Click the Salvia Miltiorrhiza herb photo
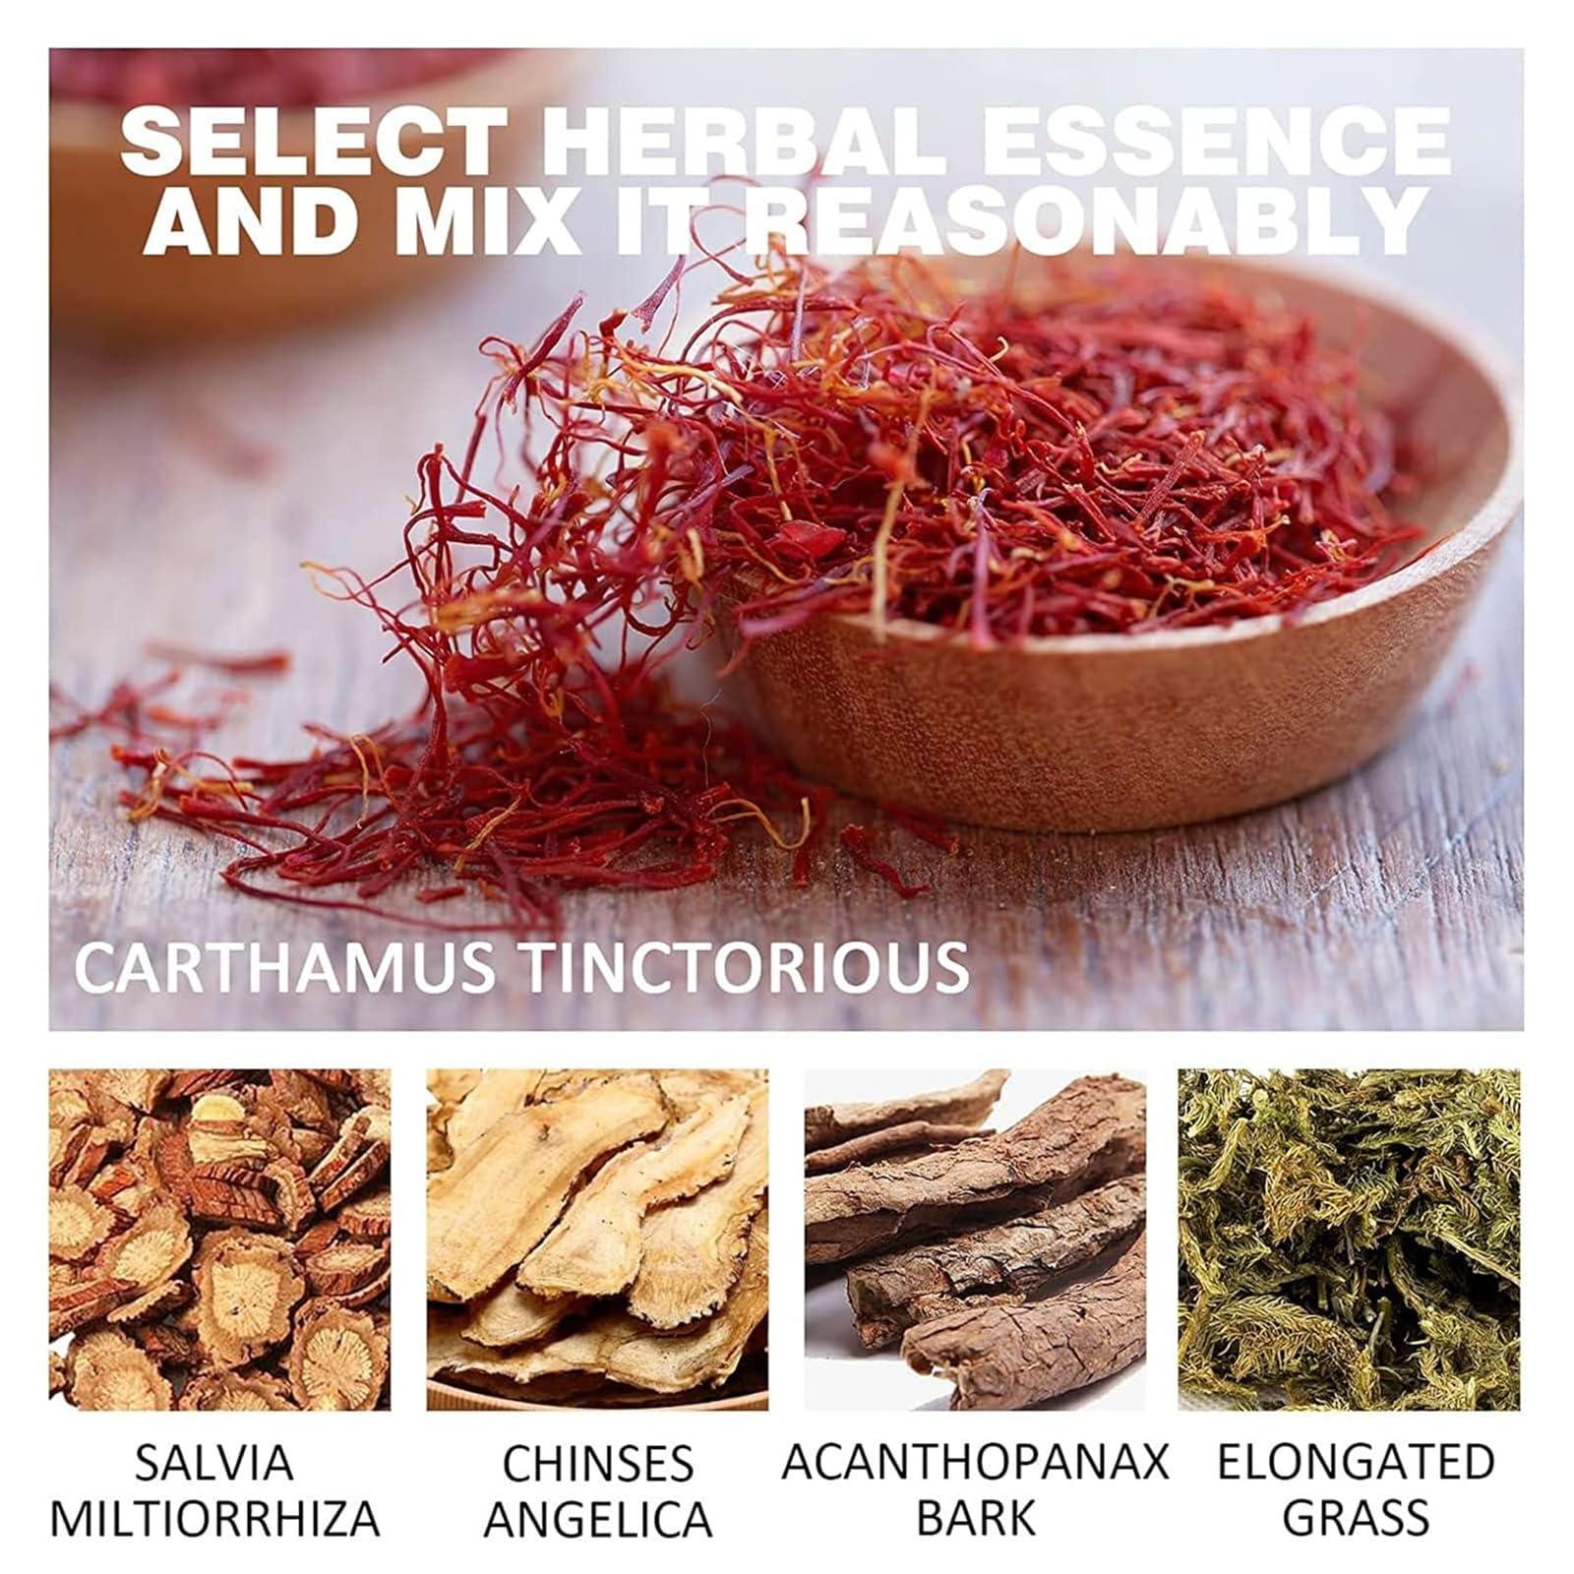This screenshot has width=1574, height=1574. [x=219, y=1240]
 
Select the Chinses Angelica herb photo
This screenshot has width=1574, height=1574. [x=597, y=1240]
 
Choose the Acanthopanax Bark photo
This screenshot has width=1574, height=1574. [x=975, y=1240]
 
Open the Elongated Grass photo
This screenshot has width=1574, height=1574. [x=1350, y=1240]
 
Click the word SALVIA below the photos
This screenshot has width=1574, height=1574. [x=213, y=1463]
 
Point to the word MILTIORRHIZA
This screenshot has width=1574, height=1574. [x=214, y=1519]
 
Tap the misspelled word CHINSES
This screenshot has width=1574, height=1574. [x=598, y=1465]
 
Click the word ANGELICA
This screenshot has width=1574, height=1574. [x=598, y=1521]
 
